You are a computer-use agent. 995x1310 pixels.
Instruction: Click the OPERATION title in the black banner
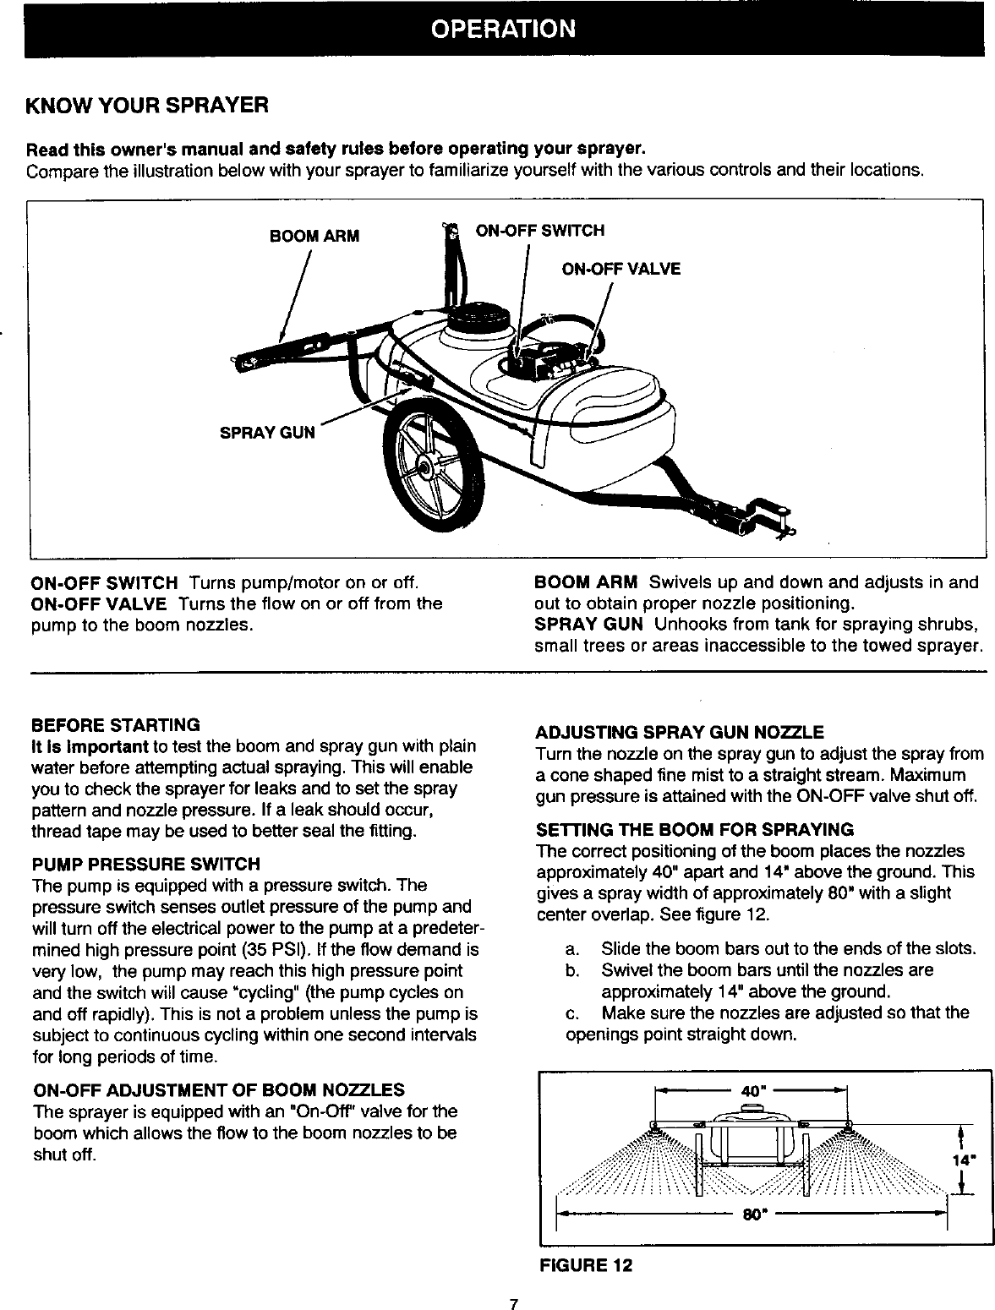pos(503,29)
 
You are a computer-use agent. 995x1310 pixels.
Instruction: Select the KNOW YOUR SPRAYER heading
pos(148,106)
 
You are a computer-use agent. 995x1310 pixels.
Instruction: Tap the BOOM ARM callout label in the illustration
pos(314,236)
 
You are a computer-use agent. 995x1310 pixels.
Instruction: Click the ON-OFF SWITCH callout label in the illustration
pos(540,231)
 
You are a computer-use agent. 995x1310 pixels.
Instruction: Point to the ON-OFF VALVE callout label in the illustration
pos(621,269)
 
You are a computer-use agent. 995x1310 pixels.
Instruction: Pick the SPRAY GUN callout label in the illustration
pos(266,433)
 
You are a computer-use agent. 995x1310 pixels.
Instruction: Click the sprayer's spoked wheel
pos(430,464)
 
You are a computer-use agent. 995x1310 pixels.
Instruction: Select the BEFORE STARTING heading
pos(115,725)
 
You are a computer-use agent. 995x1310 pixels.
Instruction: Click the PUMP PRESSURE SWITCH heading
pos(145,864)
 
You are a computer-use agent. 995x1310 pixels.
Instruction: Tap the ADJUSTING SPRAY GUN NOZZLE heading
pos(680,731)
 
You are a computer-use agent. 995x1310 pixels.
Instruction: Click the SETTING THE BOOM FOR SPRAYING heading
pos(695,829)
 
